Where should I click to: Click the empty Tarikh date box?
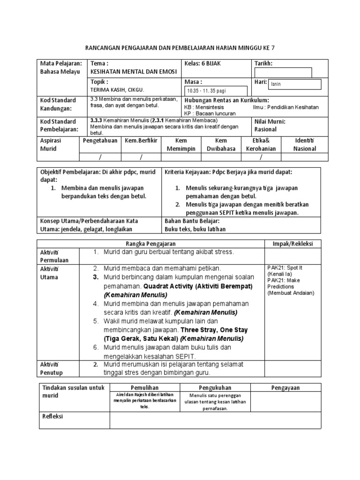pyautogui.click(x=283, y=72)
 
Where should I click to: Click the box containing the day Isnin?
pyautogui.click(x=294, y=84)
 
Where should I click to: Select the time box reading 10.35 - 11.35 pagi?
pyautogui.click(x=215, y=91)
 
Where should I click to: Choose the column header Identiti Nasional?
pyautogui.click(x=304, y=144)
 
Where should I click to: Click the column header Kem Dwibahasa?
pyautogui.click(x=220, y=144)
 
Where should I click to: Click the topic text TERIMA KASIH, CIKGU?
pyautogui.click(x=117, y=90)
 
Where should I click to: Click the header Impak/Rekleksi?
pyautogui.click(x=293, y=244)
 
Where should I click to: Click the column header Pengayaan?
pyautogui.click(x=286, y=388)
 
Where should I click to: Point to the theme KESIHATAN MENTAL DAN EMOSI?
pyautogui.click(x=132, y=72)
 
